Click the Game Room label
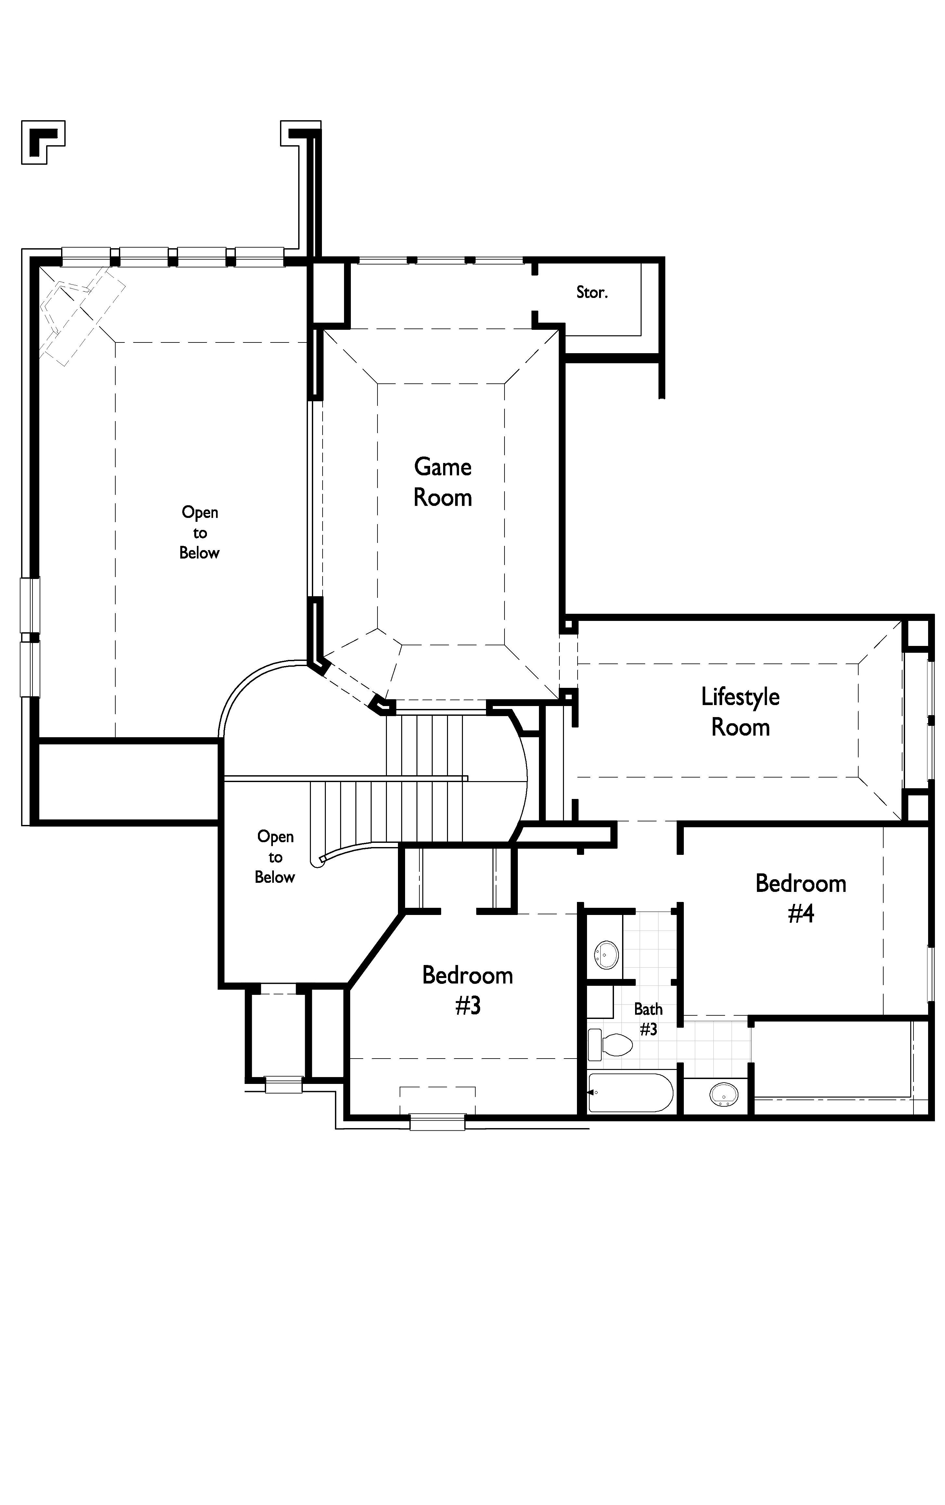(x=442, y=482)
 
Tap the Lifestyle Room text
(x=740, y=712)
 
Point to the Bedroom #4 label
(x=801, y=898)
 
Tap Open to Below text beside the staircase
(x=275, y=857)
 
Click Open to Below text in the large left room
(x=199, y=533)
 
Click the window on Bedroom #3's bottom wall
(x=438, y=1122)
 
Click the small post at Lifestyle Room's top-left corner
(x=568, y=626)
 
